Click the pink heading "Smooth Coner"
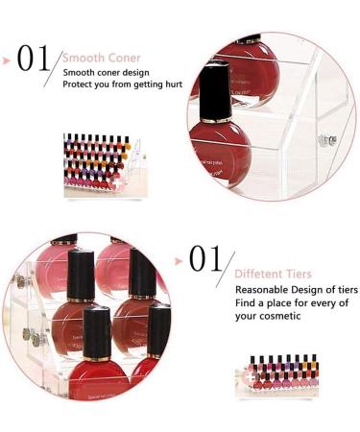click(102, 58)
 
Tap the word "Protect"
click(74, 84)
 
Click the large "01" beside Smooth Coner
click(34, 58)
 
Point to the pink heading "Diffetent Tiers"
click(273, 274)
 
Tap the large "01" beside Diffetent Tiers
click(205, 258)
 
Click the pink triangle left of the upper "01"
click(7, 60)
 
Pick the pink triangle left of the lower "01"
click(179, 261)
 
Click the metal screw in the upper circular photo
click(327, 140)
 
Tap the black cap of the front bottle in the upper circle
click(215, 91)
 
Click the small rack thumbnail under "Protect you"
click(106, 165)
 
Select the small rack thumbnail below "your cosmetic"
click(276, 375)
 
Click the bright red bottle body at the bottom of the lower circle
click(99, 380)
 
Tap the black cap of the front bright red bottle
click(97, 332)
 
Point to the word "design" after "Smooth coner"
click(135, 73)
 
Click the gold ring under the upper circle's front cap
click(216, 120)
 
